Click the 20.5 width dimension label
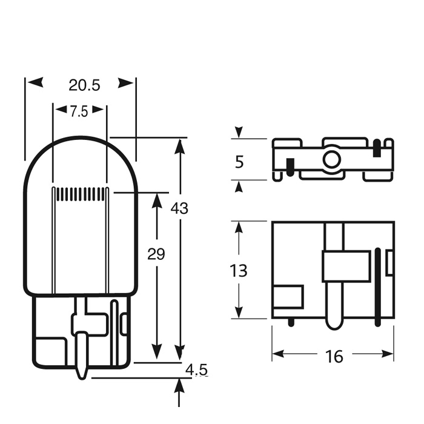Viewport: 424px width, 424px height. (84, 85)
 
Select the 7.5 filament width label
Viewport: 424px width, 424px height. (79, 111)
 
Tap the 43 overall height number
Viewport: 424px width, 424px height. (179, 208)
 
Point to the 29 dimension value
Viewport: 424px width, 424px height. (156, 254)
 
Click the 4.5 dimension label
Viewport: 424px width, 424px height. (197, 369)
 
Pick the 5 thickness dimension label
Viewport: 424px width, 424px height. (239, 162)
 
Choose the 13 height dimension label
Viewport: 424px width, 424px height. (238, 271)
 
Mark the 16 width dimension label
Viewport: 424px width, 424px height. (334, 357)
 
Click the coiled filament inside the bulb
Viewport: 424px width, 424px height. (81, 194)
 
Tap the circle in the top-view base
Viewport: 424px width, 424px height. (331, 159)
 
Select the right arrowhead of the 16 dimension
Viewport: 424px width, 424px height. (386, 353)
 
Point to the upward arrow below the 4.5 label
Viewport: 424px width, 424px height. (179, 393)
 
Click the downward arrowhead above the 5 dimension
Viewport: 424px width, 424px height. (239, 132)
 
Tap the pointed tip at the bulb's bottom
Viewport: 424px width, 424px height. (82, 379)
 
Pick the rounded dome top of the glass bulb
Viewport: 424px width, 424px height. (81, 137)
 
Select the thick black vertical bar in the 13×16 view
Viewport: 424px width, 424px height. (378, 287)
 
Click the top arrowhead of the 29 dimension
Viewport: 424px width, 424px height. (157, 200)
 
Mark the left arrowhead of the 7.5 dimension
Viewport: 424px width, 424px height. (61, 110)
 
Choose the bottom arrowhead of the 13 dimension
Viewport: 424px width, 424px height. (239, 312)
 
